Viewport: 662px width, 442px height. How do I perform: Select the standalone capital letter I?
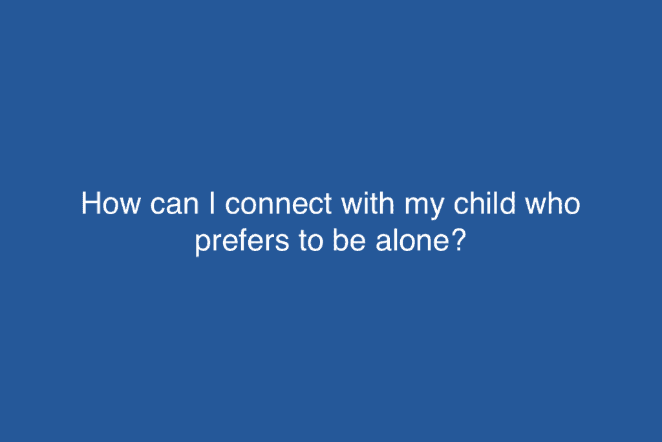[211, 205]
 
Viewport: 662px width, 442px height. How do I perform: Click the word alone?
[405, 244]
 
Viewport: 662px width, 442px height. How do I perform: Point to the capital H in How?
[91, 205]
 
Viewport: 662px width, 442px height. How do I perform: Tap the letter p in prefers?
[202, 247]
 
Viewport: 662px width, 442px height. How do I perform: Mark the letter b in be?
[330, 244]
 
